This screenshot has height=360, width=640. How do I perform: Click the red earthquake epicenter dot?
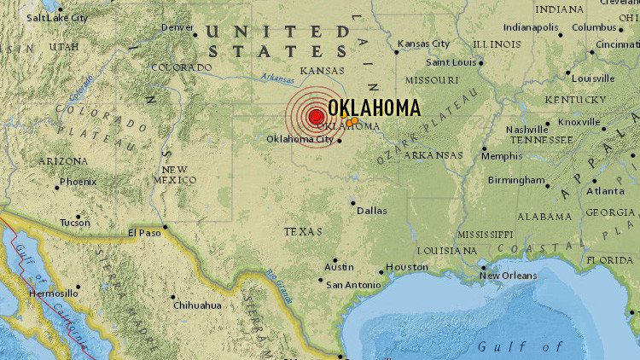coord(316,116)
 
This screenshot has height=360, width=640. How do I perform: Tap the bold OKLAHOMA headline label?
coord(374,107)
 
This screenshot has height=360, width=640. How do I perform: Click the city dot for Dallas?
coord(353,203)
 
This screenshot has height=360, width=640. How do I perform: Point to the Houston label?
coord(407,267)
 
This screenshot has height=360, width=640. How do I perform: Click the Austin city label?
coord(339,267)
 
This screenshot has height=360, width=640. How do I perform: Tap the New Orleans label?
coord(508,276)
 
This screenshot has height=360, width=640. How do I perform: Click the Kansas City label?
coord(423,43)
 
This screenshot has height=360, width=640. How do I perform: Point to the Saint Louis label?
coord(451,62)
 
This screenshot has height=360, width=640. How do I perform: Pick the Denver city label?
coord(177,27)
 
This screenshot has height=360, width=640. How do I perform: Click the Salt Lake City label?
coord(56,17)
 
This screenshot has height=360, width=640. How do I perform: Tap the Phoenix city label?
coord(78,182)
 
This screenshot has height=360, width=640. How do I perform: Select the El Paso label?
coord(144,232)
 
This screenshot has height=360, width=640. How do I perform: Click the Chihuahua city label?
coord(197,305)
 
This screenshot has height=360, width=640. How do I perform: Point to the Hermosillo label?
coord(54,293)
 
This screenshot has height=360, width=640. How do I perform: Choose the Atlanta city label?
coord(605,191)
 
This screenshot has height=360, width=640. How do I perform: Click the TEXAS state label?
coord(304,231)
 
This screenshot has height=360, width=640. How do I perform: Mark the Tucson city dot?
coord(77,217)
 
